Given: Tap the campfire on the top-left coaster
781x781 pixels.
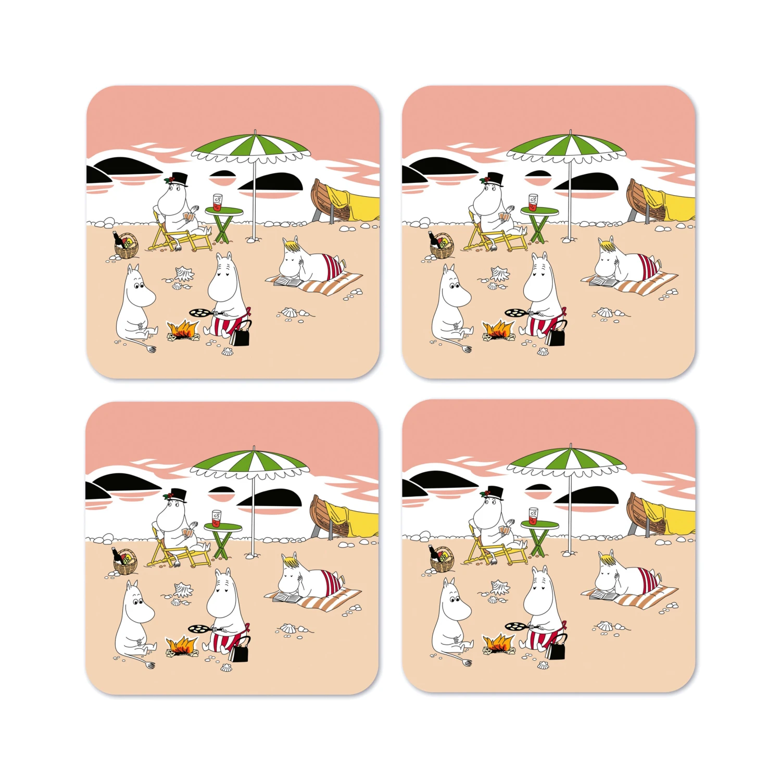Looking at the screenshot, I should coord(183,329).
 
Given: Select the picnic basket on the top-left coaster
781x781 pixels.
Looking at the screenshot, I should coord(127,248).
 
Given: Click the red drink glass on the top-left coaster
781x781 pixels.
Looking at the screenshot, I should coord(217,202).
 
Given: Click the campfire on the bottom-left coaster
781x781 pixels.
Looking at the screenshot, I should coord(182,646).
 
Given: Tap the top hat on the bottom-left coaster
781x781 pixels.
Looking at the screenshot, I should coord(178,495).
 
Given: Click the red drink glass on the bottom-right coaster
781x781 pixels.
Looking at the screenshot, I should coord(533,515).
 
